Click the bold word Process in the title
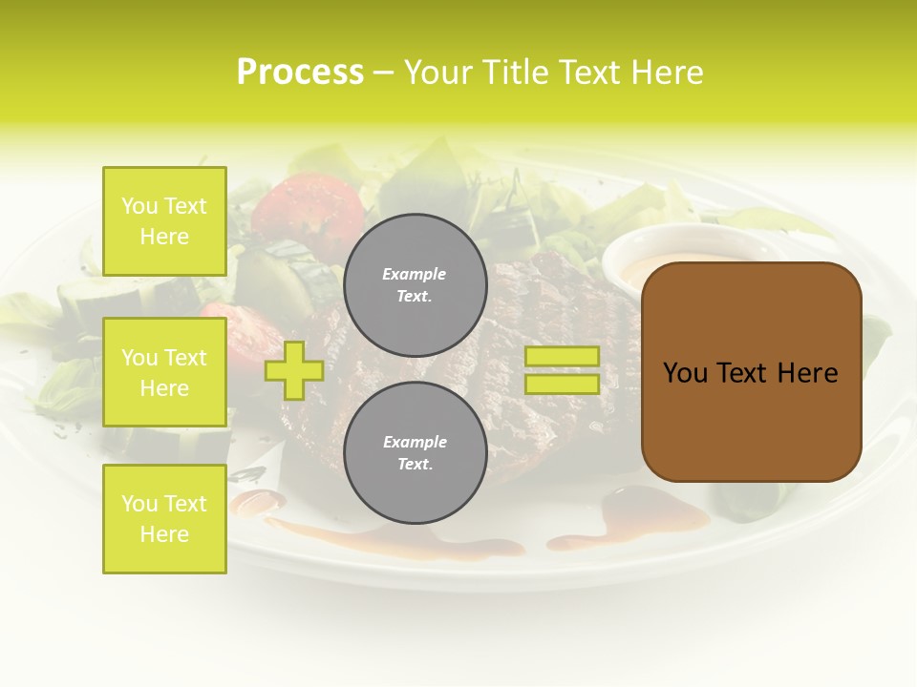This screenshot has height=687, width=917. tap(300, 73)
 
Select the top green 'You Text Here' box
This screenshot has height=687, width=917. tap(164, 221)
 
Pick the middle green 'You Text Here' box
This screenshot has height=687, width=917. tap(164, 372)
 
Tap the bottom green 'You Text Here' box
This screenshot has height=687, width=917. tap(164, 519)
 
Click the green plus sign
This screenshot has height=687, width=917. tap(294, 370)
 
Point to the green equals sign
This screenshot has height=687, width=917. tap(562, 370)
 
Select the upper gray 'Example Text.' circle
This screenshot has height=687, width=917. tap(415, 285)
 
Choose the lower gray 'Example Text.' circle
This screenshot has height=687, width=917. tap(415, 453)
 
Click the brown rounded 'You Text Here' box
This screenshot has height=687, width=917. tap(751, 372)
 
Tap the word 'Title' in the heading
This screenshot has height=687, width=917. tap(518, 73)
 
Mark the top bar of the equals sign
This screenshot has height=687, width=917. tap(562, 357)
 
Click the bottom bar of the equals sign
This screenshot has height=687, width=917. tap(562, 385)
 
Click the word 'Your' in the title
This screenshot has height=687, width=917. tap(438, 73)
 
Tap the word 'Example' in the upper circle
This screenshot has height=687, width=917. tap(415, 275)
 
